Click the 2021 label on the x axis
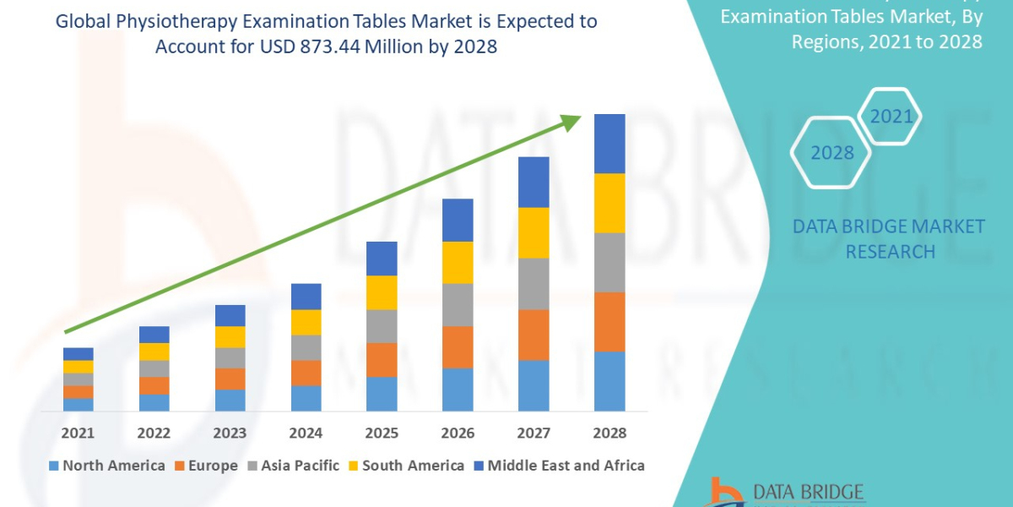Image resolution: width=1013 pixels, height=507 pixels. [x=79, y=433]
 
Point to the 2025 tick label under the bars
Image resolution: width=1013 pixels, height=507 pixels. [x=382, y=433]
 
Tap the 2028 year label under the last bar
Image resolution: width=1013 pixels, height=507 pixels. [x=609, y=433]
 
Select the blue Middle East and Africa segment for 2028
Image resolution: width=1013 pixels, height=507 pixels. [x=609, y=144]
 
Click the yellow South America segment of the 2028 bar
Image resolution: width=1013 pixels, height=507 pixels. [x=609, y=203]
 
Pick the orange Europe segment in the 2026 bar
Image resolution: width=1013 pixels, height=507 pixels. [x=458, y=347]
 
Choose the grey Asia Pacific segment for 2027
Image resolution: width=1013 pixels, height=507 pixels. [x=534, y=284]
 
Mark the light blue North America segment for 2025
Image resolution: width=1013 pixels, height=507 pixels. [x=382, y=394]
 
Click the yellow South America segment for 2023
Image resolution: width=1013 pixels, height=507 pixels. [x=230, y=337]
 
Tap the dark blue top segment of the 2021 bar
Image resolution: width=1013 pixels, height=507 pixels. [x=79, y=354]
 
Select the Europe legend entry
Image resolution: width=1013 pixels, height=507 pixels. [x=208, y=466]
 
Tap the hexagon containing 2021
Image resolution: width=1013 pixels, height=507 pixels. [x=891, y=117]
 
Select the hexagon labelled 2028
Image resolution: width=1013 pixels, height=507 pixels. [x=832, y=153]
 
